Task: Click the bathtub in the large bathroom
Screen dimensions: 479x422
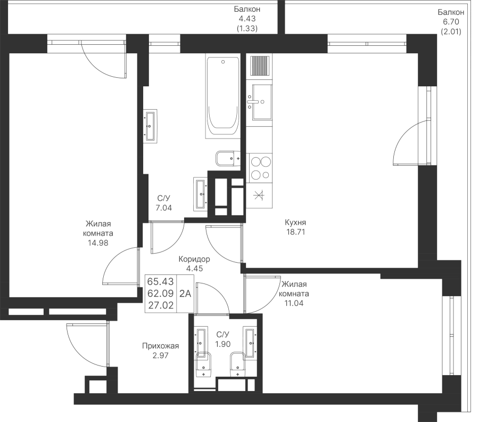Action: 222,98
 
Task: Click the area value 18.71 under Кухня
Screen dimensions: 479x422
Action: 295,232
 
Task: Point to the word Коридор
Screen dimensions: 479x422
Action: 194,259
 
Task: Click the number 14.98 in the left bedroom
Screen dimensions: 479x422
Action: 98,243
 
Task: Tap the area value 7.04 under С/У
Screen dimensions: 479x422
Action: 164,208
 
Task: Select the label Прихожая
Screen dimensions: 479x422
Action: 160,346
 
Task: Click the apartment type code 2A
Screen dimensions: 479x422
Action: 185,294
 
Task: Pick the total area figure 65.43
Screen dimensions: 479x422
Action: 160,281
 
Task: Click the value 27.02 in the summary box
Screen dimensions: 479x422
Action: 160,305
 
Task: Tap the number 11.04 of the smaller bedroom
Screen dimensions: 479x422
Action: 294,303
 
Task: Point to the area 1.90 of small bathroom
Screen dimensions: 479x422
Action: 222,344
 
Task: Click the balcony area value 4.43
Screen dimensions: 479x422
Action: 247,19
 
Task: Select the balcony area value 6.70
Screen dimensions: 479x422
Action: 451,22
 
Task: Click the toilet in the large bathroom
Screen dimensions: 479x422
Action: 228,158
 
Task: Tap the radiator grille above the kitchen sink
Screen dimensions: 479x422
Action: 260,65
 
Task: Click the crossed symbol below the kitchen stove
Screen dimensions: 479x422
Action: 259,195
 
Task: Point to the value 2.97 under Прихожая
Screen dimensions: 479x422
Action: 160,355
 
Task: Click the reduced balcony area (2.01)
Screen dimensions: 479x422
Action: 451,31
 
